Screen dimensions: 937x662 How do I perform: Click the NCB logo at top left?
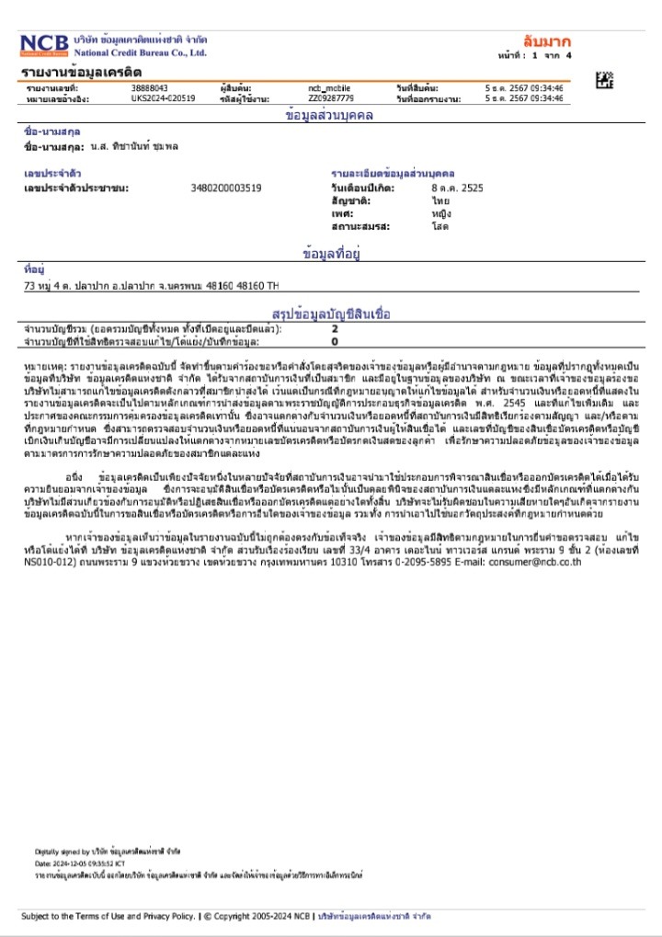pyautogui.click(x=45, y=46)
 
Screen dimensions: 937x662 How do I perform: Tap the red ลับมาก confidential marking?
pyautogui.click(x=546, y=41)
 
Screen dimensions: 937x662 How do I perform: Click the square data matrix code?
pyautogui.click(x=604, y=80)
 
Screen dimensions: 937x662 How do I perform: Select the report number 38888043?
pyautogui.click(x=150, y=87)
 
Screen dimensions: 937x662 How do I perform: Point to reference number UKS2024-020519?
pyautogui.click(x=163, y=97)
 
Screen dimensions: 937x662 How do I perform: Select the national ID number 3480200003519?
pyautogui.click(x=225, y=188)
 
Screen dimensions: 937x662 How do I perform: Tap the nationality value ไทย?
pyautogui.click(x=440, y=200)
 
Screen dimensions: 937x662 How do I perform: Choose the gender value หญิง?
pyautogui.click(x=441, y=212)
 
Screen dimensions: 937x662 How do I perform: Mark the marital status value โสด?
pyautogui.click(x=440, y=225)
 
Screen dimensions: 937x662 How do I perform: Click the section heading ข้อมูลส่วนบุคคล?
pyautogui.click(x=330, y=117)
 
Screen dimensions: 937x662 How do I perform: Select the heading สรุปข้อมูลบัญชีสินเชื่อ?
pyautogui.click(x=331, y=314)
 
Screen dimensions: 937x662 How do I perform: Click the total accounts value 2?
pyautogui.click(x=335, y=328)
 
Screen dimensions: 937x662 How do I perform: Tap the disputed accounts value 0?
pyautogui.click(x=335, y=340)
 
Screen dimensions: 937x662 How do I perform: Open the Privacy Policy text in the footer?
pyautogui.click(x=168, y=916)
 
